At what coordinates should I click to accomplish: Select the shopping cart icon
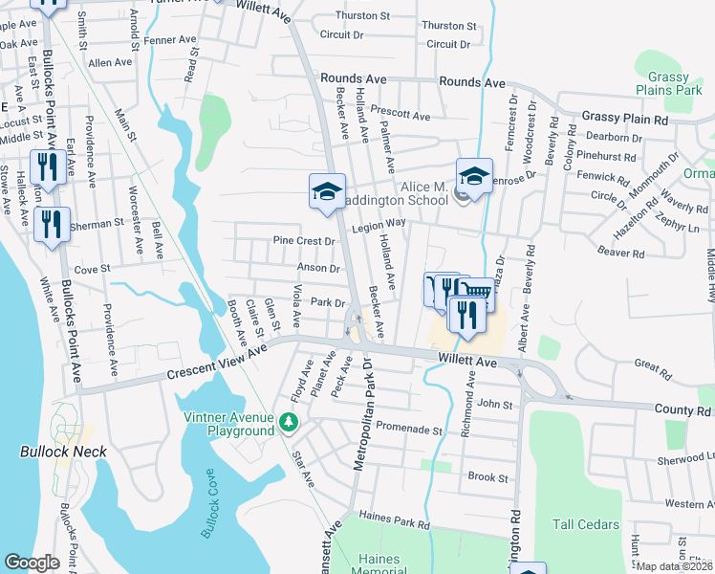(475, 290)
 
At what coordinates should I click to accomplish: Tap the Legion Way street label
(379, 222)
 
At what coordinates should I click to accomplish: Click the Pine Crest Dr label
(304, 241)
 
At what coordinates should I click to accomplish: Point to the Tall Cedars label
(586, 524)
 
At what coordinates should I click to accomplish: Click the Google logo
(32, 563)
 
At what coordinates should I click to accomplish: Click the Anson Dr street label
(319, 269)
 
